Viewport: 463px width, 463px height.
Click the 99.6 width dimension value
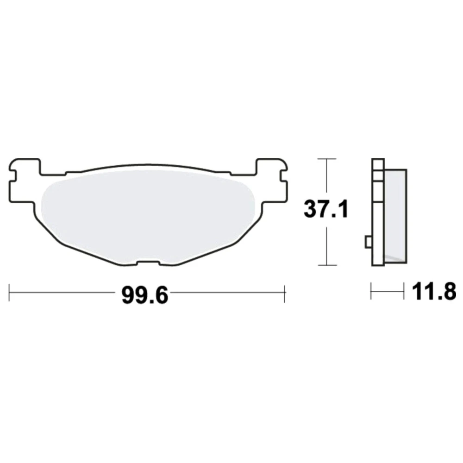point(144,295)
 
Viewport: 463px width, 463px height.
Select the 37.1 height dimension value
point(326,209)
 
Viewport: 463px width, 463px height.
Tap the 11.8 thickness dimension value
point(434,291)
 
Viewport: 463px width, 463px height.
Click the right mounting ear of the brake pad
point(272,181)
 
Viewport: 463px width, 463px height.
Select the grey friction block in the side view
point(395,216)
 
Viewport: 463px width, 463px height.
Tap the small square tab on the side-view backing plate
point(369,242)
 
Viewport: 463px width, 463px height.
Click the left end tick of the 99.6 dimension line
point(9,293)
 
